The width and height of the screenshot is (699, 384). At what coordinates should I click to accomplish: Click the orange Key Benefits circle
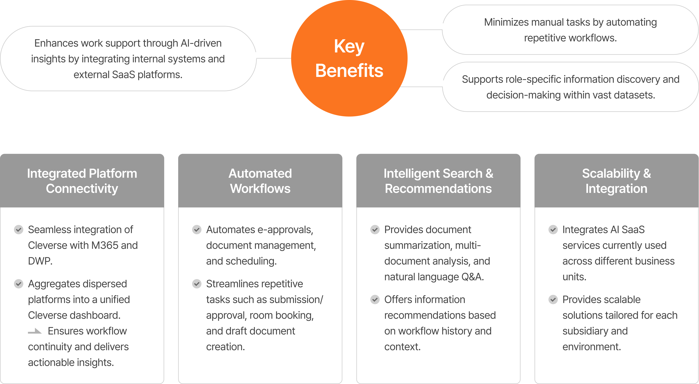pyautogui.click(x=349, y=58)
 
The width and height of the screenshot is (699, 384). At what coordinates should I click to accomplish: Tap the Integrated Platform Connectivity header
pyautogui.click(x=82, y=181)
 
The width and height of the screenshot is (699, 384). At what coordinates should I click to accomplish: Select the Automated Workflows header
pyautogui.click(x=260, y=181)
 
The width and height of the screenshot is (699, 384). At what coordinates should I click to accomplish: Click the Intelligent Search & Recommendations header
pyautogui.click(x=438, y=181)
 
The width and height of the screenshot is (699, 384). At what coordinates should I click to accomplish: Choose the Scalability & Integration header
pyautogui.click(x=616, y=181)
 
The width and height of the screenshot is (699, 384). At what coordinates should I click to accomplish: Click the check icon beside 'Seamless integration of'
pyautogui.click(x=18, y=230)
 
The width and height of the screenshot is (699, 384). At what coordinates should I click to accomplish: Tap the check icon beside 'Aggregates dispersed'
pyautogui.click(x=18, y=284)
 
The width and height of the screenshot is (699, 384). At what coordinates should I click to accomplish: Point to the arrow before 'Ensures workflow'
pyautogui.click(x=35, y=331)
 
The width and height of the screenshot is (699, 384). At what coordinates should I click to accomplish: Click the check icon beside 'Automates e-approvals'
pyautogui.click(x=197, y=230)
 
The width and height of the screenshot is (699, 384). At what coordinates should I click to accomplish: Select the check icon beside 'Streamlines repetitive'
pyautogui.click(x=197, y=284)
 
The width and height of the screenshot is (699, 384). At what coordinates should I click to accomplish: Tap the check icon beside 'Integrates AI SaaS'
pyautogui.click(x=553, y=230)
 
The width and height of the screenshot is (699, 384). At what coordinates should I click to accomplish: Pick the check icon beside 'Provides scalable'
pyautogui.click(x=553, y=300)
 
